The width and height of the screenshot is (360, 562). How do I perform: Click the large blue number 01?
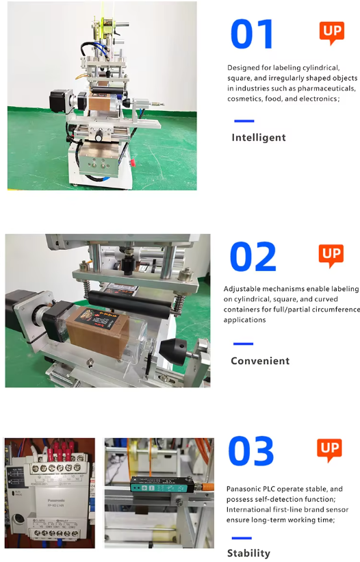point(251,34)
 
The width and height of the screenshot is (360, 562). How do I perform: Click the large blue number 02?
point(253,256)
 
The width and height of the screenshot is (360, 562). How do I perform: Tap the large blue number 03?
point(250,450)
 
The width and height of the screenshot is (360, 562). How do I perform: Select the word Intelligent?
point(259,138)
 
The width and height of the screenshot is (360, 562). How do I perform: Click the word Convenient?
point(260,361)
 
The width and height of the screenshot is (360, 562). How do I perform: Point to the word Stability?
point(248,553)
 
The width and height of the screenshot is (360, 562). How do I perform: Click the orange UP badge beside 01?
point(332,33)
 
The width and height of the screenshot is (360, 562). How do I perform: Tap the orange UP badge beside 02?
point(331,256)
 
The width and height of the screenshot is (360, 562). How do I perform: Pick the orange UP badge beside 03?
point(329,450)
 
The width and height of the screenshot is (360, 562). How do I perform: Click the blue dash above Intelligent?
point(244,121)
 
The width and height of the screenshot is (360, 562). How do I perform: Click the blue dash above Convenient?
point(243,344)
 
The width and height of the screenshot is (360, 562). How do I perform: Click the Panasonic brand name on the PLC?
point(56,500)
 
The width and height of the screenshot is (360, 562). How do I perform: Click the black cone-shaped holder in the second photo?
point(172,350)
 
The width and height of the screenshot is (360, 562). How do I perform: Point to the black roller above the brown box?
point(129,305)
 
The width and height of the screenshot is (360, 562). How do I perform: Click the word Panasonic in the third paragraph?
point(244,489)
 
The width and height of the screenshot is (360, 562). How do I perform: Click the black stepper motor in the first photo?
point(58,101)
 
